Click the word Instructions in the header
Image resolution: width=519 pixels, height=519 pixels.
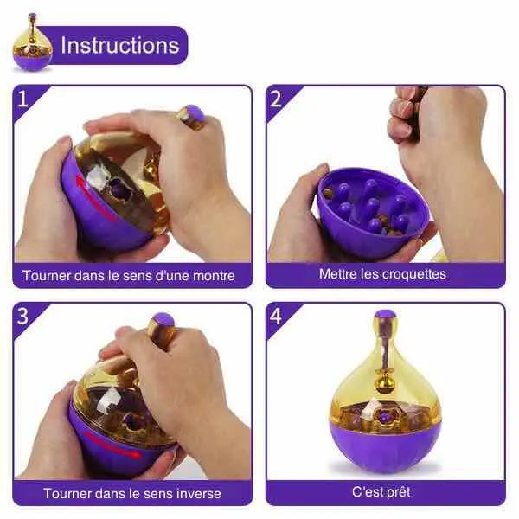pyautogui.click(x=120, y=45)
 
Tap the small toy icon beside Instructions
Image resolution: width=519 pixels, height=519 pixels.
pyautogui.click(x=33, y=42)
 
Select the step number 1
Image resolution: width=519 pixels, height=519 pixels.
pyautogui.click(x=22, y=99)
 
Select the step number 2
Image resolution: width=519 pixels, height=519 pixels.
pyautogui.click(x=276, y=99)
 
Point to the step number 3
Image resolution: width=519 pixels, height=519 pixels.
pyautogui.click(x=22, y=316)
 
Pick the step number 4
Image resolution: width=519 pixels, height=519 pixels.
pyautogui.click(x=276, y=316)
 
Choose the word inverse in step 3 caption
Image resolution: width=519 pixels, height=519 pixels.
pyautogui.click(x=199, y=494)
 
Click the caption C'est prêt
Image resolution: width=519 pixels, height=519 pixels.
pyautogui.click(x=381, y=492)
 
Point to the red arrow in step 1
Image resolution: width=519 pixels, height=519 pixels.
pyautogui.click(x=94, y=198)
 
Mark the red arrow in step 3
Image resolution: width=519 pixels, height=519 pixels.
pyautogui.click(x=112, y=444)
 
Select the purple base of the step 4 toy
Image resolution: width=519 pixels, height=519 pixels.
pyautogui.click(x=384, y=447)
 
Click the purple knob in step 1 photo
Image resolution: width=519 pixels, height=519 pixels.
pyautogui.click(x=195, y=113)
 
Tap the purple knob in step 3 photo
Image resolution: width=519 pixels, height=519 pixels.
pyautogui.click(x=164, y=320)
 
